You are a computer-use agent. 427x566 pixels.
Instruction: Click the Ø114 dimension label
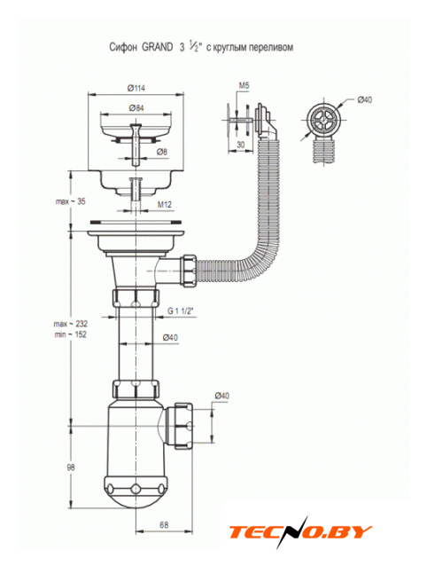pyautogui.click(x=136, y=88)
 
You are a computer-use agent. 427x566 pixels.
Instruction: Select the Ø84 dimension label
pyautogui.click(x=136, y=107)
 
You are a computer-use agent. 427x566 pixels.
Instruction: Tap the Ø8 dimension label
pyautogui.click(x=162, y=152)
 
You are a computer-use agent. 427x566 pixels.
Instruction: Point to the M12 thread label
pyautogui.click(x=165, y=204)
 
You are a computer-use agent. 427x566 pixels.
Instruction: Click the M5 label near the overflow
pyautogui.click(x=244, y=85)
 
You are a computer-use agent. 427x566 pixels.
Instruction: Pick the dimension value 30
pyautogui.click(x=240, y=145)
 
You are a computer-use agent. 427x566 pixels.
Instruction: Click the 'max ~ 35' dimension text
pyautogui.click(x=71, y=201)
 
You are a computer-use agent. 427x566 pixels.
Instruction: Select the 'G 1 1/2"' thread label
pyautogui.click(x=181, y=311)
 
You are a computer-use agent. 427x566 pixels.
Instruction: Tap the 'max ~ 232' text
pyautogui.click(x=71, y=324)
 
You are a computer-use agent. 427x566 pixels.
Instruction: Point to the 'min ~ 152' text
pyautogui.click(x=71, y=334)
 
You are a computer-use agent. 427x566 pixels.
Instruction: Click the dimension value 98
pyautogui.click(x=71, y=468)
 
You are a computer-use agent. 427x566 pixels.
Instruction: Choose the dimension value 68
pyautogui.click(x=164, y=524)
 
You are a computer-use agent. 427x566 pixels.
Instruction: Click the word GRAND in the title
pyautogui.click(x=158, y=47)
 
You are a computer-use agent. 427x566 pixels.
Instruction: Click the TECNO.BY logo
pyautogui.click(x=300, y=532)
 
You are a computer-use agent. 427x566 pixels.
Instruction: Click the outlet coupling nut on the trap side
pyautogui.click(x=183, y=426)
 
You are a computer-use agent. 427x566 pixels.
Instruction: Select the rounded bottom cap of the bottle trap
pyautogui.click(x=136, y=494)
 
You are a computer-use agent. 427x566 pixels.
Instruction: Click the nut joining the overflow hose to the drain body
pyautogui.click(x=190, y=271)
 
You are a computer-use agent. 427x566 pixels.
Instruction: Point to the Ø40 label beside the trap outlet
pyautogui.click(x=222, y=396)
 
